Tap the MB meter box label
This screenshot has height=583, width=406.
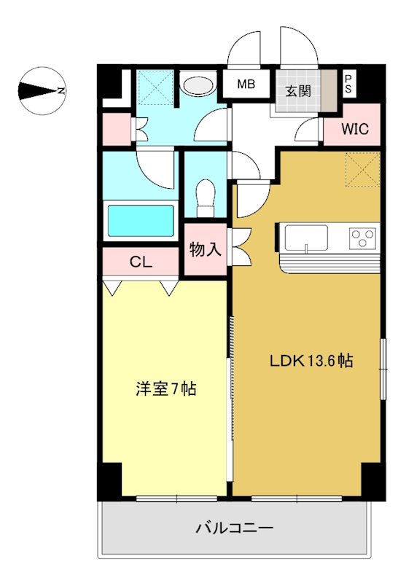(x=246, y=85)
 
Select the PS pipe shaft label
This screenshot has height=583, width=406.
(x=349, y=83)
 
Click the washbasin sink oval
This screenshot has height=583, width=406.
(x=198, y=86)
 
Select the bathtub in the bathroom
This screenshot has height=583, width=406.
(x=140, y=221)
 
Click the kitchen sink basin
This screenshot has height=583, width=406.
(x=306, y=237)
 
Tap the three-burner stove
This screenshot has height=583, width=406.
(x=362, y=237)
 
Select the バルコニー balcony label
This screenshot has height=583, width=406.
(x=235, y=527)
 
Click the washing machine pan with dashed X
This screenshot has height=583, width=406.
(x=153, y=87)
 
